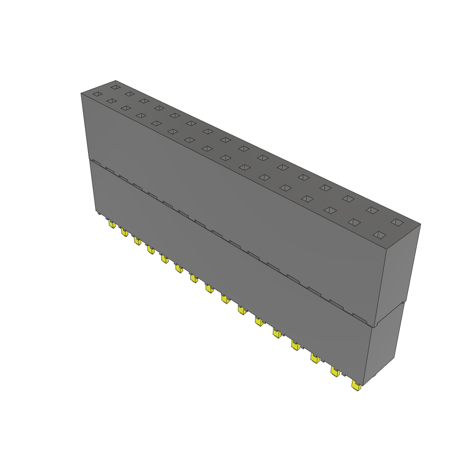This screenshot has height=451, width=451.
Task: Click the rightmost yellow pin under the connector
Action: click(356, 387)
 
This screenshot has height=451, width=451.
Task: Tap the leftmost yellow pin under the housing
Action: click(112, 225)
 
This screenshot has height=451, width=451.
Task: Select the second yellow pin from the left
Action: click(125, 232)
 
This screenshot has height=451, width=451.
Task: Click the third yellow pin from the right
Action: click(315, 358)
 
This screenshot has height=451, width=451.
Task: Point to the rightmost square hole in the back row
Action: click(397, 222)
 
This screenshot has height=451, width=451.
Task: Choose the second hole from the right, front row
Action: click(355, 222)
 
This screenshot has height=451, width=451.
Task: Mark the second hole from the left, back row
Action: click(129, 94)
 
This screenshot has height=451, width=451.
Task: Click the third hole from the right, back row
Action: click(348, 198)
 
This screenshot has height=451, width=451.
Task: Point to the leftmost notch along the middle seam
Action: click(96, 163)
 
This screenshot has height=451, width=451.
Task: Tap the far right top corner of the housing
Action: click(420, 224)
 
